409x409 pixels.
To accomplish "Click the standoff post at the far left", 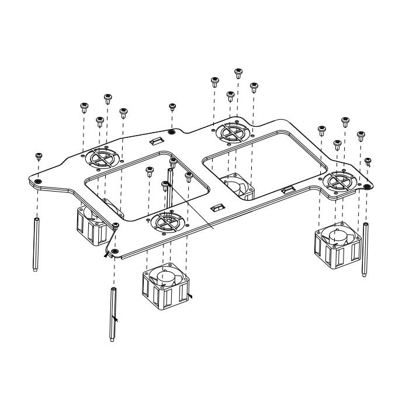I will [x=36, y=244].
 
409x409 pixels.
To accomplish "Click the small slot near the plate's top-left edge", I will [x=157, y=140].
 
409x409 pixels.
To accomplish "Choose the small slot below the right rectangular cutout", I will [x=287, y=190].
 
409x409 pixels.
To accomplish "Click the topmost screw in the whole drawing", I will [x=238, y=72].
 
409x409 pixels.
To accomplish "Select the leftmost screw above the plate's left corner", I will [x=39, y=155].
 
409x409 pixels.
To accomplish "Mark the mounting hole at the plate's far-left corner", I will [x=37, y=182].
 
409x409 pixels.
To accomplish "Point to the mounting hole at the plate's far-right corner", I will [x=366, y=186].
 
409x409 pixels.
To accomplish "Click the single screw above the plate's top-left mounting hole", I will [x=172, y=106].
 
